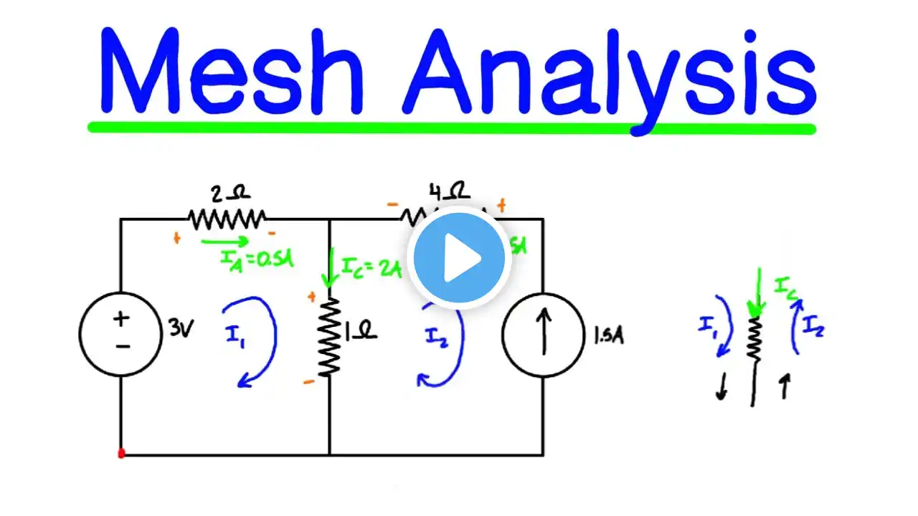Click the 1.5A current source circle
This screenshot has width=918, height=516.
pos(542,335)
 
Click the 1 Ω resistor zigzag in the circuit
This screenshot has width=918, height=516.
pos(329,337)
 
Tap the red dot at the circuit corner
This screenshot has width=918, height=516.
pos(121,454)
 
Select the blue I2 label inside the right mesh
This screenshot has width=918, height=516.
pos(435,335)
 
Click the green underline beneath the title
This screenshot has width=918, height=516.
pos(452,128)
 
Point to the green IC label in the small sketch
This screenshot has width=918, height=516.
pos(786,287)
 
